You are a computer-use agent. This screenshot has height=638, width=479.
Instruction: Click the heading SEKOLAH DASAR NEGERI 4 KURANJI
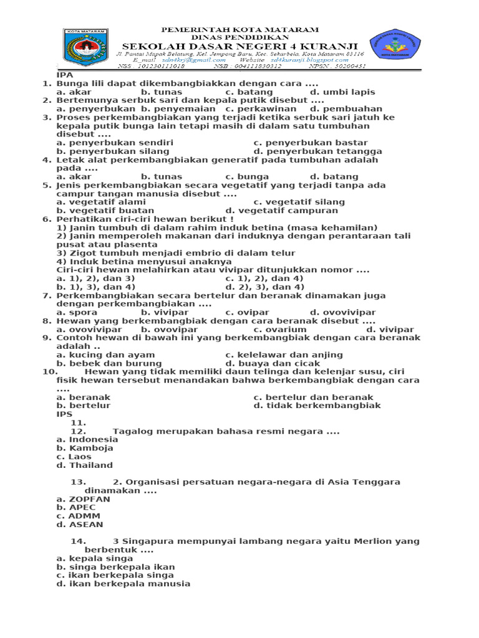pyautogui.click(x=239, y=46)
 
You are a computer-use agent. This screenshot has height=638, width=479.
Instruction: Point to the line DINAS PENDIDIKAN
pyautogui.click(x=240, y=37)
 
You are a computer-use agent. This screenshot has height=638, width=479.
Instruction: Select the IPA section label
pyautogui.click(x=65, y=75)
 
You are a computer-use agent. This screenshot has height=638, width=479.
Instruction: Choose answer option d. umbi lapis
pyautogui.click(x=342, y=92)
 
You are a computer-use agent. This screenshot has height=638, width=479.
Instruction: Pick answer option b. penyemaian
pyautogui.click(x=180, y=108)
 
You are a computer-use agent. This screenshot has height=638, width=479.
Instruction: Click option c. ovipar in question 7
pyautogui.click(x=248, y=312)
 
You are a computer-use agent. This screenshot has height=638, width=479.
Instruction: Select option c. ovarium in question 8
pyautogui.click(x=280, y=329)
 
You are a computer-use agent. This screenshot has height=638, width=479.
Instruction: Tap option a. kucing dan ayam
pyautogui.click(x=105, y=355)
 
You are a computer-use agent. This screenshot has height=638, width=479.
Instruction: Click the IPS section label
pyautogui.click(x=65, y=414)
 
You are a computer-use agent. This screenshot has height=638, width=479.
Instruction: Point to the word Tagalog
pyautogui.click(x=132, y=431)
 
